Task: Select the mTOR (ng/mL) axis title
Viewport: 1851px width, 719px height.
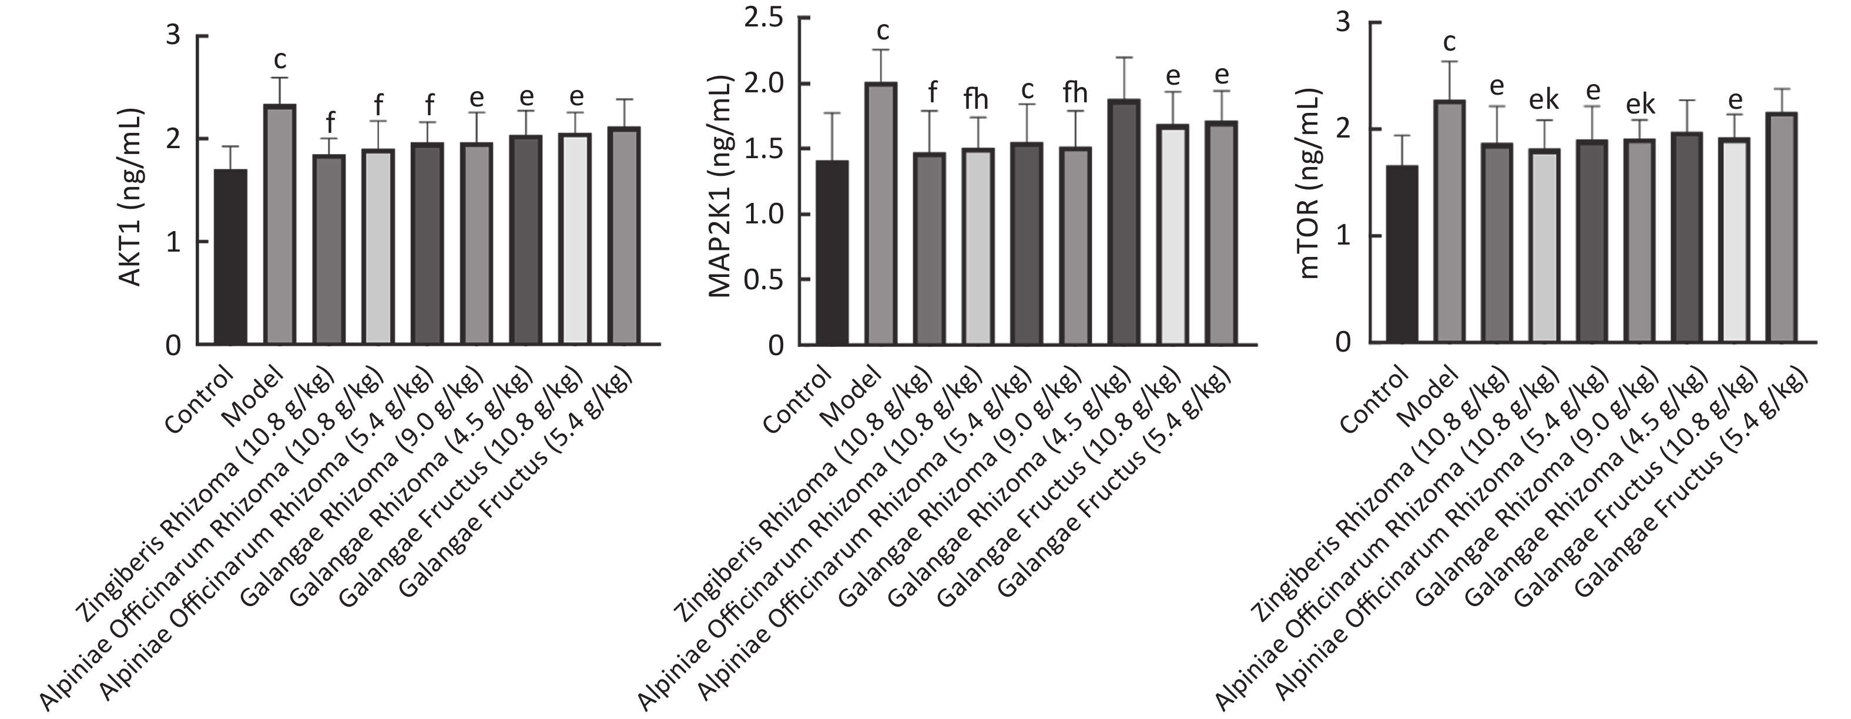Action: [1312, 183]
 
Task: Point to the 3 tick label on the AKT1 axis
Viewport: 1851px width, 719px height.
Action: [173, 35]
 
